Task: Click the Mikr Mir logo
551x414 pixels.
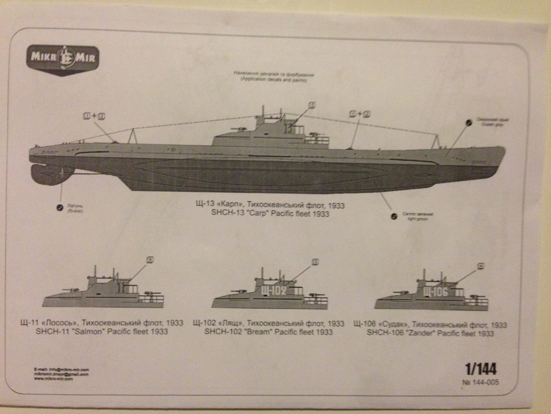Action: [62, 59]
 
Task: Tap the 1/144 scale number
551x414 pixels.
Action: [481, 369]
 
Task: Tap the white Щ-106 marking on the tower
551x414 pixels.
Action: [435, 292]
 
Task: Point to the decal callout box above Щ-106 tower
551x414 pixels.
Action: [481, 265]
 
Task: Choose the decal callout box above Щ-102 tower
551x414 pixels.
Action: [315, 262]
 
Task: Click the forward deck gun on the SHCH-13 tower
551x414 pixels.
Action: [237, 130]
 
